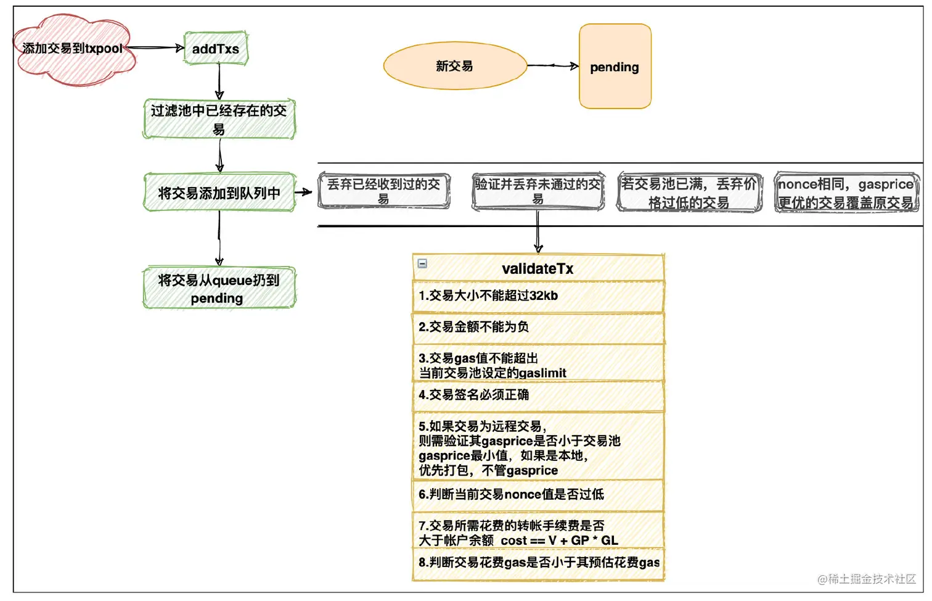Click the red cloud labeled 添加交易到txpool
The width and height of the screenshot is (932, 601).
tap(73, 49)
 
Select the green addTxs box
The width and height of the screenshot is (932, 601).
tap(216, 49)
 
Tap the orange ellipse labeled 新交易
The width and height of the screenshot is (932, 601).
tap(454, 66)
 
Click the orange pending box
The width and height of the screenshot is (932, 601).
tap(615, 67)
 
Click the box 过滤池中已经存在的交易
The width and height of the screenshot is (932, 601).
tap(219, 119)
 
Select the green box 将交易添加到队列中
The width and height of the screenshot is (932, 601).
tap(219, 193)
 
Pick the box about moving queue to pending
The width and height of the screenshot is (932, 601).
tap(219, 288)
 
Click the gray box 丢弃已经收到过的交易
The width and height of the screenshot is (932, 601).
tap(383, 191)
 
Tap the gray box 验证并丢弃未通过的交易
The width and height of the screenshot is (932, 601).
tap(538, 191)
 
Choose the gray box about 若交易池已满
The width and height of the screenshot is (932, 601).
tap(689, 193)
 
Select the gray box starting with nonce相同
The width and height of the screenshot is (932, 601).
tap(846, 193)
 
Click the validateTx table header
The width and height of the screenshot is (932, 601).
tap(538, 268)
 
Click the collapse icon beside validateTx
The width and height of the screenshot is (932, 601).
tap(422, 263)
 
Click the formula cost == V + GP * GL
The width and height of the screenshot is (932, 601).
tap(559, 541)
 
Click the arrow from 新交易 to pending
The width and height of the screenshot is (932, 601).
tap(553, 65)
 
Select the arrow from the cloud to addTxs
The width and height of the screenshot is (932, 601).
tap(154, 48)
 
